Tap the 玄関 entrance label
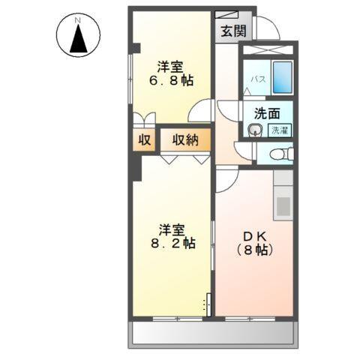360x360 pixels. tap(232, 31)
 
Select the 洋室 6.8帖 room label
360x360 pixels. tap(172, 73)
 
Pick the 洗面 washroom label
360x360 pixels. tap(267, 115)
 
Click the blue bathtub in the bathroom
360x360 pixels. tap(282, 77)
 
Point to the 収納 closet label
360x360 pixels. tap(184, 139)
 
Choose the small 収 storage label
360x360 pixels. tap(144, 140)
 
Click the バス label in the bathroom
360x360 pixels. tap(255, 79)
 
